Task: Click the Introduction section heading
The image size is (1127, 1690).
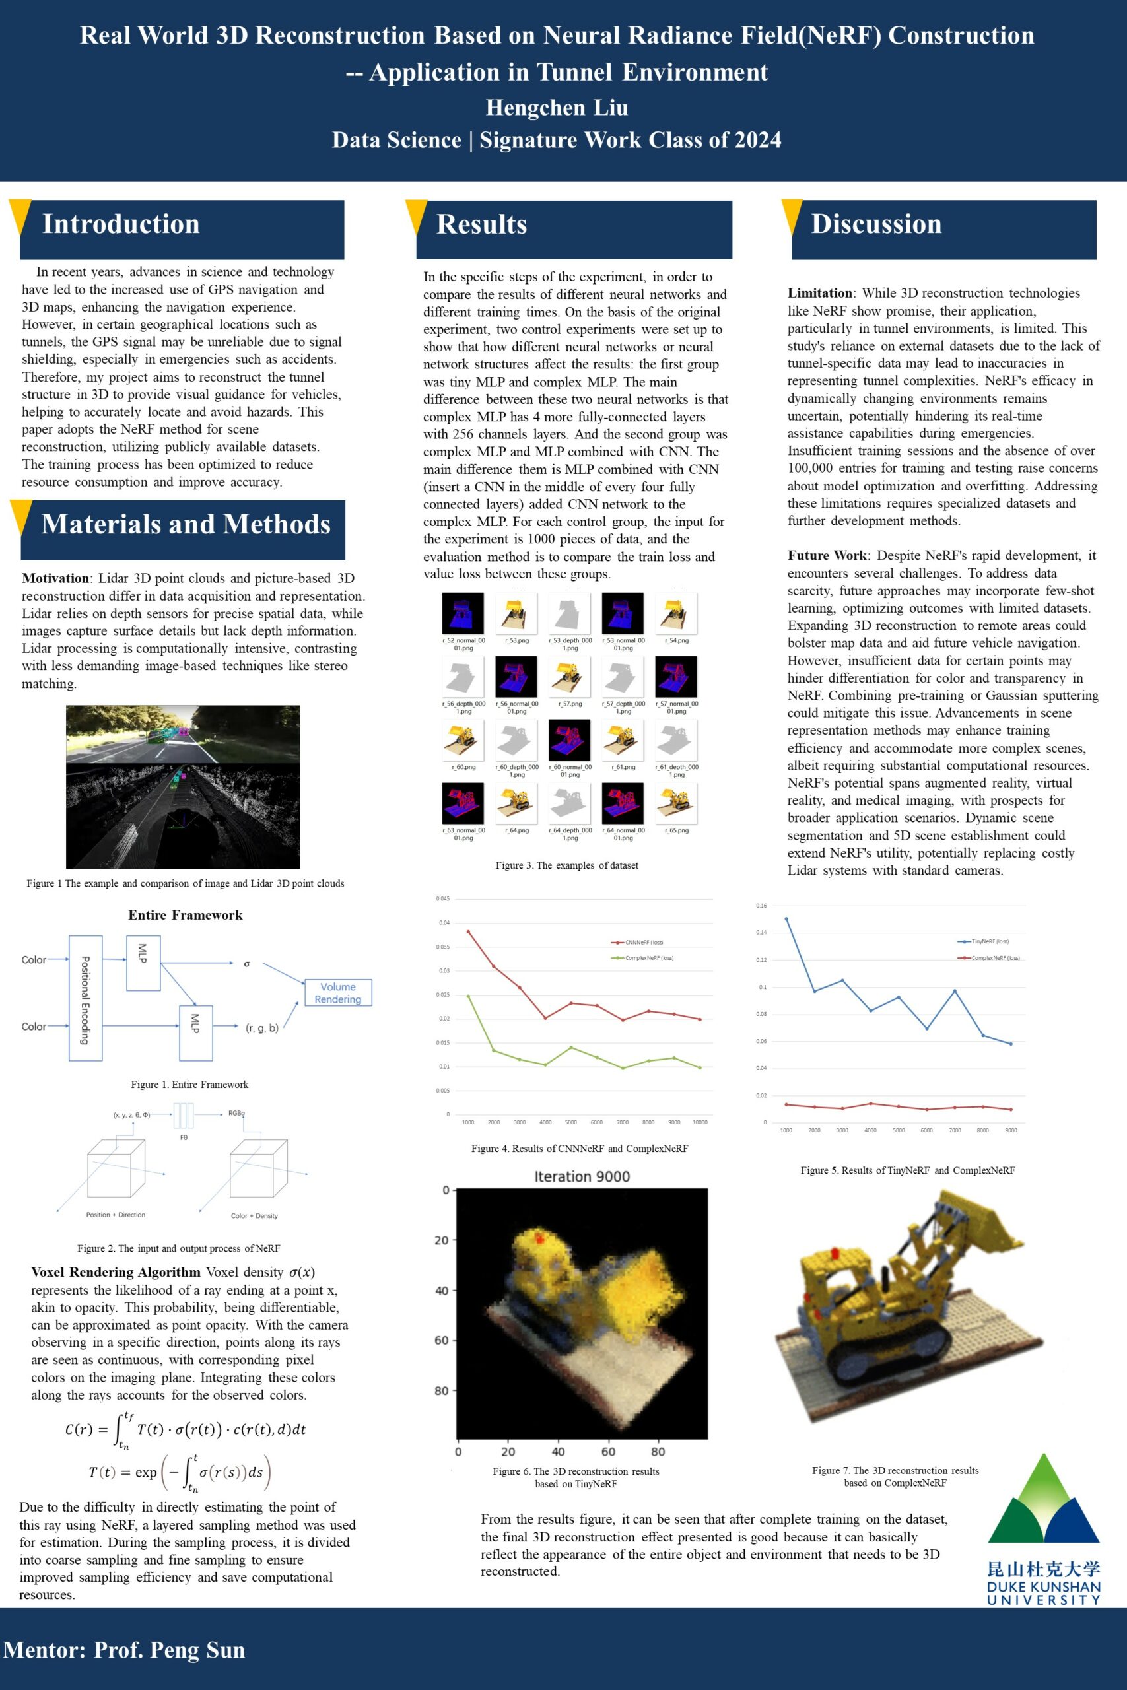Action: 121,224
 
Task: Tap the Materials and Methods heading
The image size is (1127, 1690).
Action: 186,525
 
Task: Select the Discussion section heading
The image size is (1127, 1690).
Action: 876,224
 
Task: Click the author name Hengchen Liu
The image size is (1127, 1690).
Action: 557,108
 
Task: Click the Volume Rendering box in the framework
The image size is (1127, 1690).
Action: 338,992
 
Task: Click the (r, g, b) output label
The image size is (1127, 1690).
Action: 261,1029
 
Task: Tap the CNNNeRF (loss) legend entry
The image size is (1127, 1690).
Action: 643,942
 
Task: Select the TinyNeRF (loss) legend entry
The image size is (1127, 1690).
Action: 990,941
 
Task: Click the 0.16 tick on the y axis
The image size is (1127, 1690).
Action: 761,906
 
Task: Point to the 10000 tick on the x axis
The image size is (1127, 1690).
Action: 699,1122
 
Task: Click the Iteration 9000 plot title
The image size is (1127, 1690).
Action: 582,1177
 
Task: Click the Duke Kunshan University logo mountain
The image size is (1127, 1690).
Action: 1044,1502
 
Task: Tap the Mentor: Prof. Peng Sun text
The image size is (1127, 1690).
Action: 124,1650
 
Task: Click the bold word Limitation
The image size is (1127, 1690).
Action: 820,293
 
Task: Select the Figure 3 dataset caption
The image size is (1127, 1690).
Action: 566,866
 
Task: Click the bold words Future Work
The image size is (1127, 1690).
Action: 827,555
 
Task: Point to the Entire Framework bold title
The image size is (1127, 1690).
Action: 186,915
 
